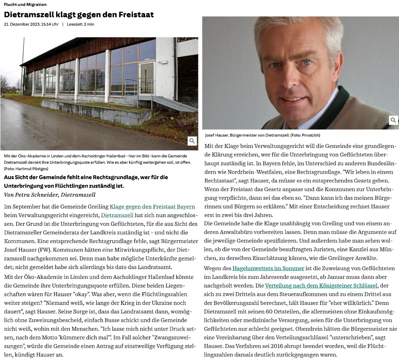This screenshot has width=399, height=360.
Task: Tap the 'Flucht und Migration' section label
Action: pos(25,5)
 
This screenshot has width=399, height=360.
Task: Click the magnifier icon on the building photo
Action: pos(193,141)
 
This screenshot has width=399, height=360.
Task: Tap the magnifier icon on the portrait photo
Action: pos(394,120)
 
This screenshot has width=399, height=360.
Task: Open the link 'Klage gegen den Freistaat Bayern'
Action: pos(152,207)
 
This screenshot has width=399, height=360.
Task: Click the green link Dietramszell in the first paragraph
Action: pos(117,215)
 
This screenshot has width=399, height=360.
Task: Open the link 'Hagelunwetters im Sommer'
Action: pos(268,268)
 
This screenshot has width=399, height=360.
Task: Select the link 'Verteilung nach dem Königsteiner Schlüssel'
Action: pos(321,285)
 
